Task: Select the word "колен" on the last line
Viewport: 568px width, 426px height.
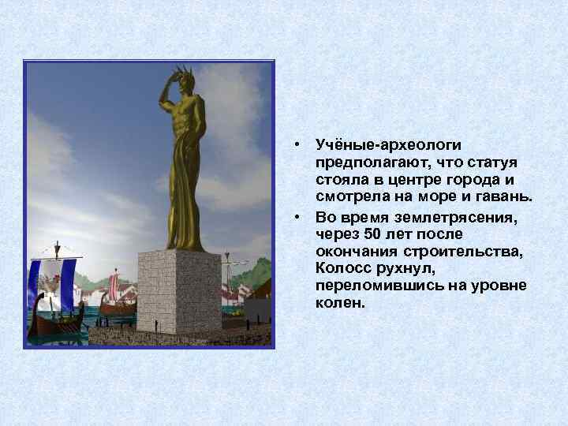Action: point(339,302)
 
